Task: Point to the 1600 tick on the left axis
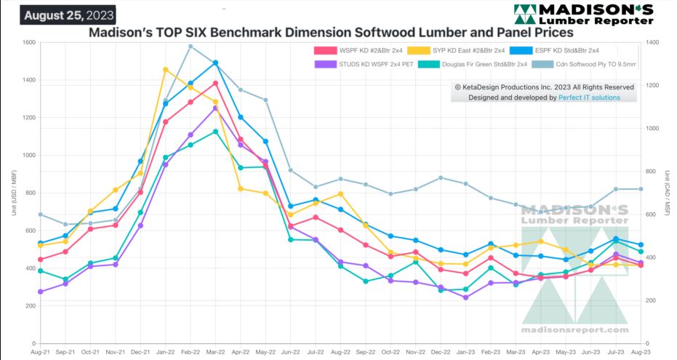coord(28,42)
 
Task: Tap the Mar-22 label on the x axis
coord(215,351)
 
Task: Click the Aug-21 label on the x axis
coord(41,351)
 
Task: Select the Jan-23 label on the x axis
coord(465,351)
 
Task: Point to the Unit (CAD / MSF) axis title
coord(666,192)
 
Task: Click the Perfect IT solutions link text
coord(589,97)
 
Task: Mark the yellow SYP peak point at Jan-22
coord(166,70)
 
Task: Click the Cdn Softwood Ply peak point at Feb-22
coord(191,47)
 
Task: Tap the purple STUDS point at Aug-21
coord(41,292)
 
